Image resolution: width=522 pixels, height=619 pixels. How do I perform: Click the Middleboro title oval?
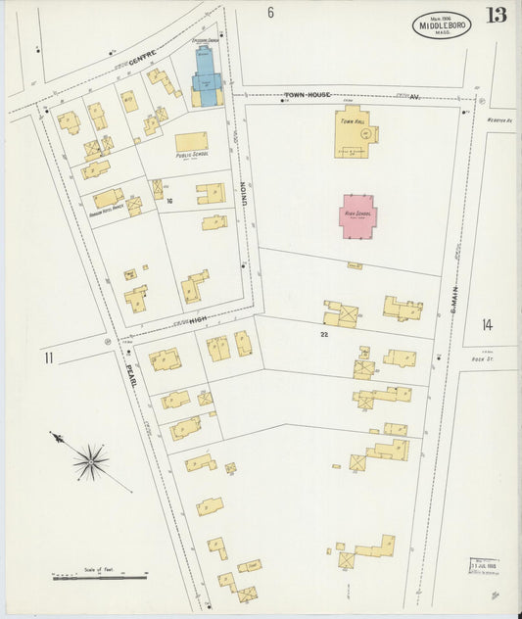(x=442, y=24)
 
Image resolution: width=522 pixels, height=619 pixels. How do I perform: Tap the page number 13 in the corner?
(x=496, y=15)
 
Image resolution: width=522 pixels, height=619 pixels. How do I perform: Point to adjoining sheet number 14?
(x=487, y=326)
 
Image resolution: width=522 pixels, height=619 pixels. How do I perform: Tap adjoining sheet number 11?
(x=48, y=357)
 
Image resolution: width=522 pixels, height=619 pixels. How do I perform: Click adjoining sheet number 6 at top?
(x=270, y=13)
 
